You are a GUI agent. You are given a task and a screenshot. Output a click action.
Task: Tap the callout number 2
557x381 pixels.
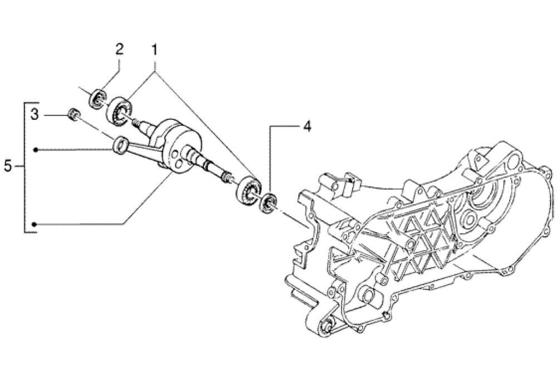point(119,49)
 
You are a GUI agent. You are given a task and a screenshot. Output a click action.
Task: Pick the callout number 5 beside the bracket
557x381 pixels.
point(8,166)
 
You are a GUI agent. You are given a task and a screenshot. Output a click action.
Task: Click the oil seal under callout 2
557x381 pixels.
point(99,99)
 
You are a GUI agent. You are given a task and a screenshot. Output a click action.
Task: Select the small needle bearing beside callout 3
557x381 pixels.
point(72,114)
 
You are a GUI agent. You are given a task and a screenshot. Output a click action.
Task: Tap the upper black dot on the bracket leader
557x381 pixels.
point(35,149)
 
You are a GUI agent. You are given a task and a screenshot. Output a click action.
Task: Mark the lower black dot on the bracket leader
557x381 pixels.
point(35,224)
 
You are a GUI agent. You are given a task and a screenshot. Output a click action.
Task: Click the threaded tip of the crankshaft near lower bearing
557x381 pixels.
point(227,177)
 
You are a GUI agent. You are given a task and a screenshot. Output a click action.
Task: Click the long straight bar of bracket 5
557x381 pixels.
point(25,166)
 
